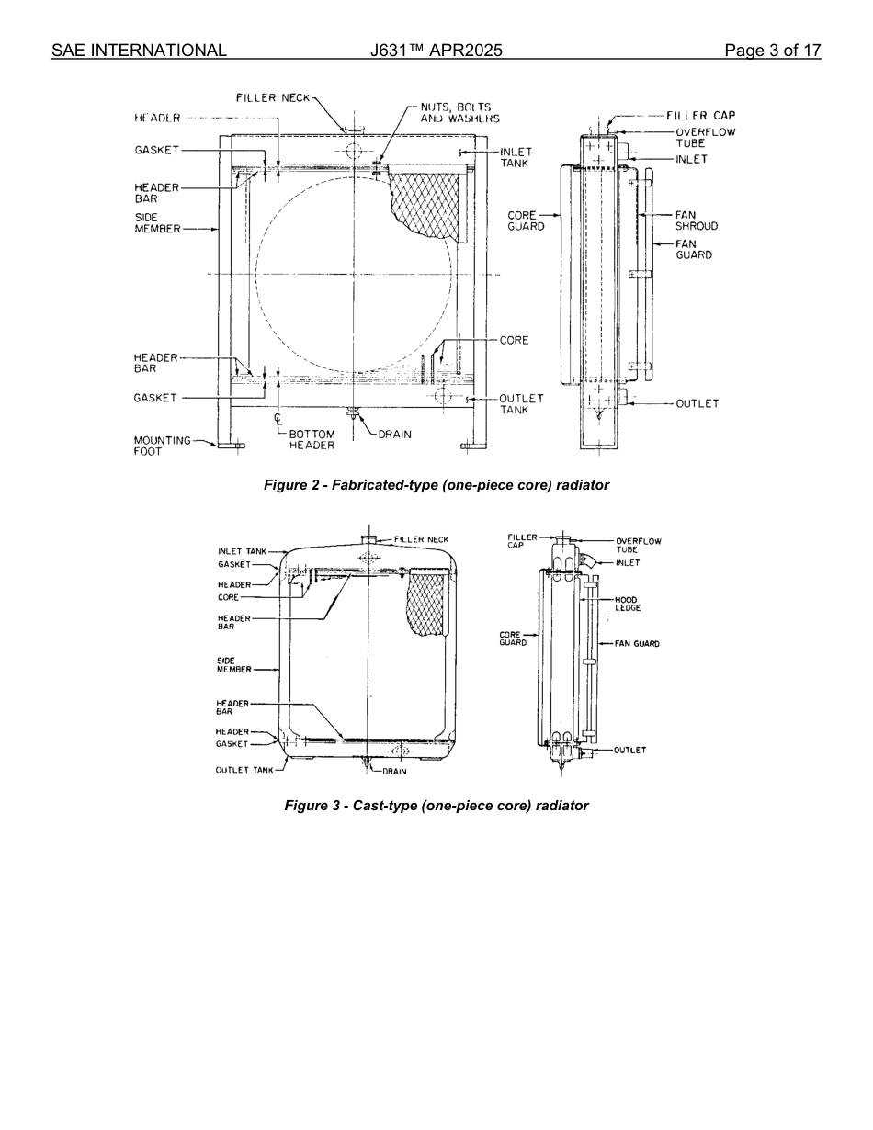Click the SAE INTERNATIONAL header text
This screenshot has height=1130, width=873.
(139, 51)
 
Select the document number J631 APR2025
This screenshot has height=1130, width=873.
(436, 51)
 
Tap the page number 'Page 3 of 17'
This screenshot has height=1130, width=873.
(772, 51)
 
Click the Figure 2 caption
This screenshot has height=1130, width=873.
(436, 485)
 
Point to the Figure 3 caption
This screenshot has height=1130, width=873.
(436, 806)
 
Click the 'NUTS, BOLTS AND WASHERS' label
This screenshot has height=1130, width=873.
(459, 113)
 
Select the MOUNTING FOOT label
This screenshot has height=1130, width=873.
(162, 446)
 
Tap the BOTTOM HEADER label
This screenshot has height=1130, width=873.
(312, 440)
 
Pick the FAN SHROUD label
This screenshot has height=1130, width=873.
(696, 220)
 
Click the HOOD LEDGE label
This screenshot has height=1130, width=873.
(628, 604)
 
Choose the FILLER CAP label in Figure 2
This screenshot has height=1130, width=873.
(700, 116)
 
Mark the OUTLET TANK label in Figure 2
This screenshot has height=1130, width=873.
(521, 404)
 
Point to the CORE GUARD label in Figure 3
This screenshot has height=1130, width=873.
(513, 638)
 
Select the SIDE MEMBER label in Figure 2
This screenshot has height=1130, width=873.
(157, 223)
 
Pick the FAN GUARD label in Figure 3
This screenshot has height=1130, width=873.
(637, 644)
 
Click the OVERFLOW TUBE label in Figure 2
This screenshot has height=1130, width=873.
(705, 138)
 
